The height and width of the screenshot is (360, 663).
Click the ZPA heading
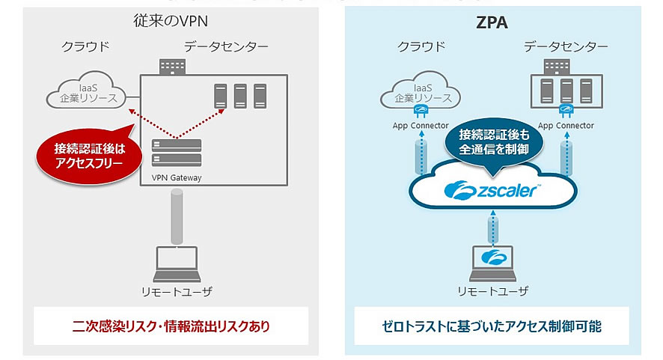point(492,22)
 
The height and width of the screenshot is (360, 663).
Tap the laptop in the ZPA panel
point(492,259)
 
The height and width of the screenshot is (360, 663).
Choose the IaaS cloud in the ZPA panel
point(420,94)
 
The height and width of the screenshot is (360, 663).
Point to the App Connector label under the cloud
point(420,126)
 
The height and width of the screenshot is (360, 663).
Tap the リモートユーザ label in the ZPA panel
point(492,290)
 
